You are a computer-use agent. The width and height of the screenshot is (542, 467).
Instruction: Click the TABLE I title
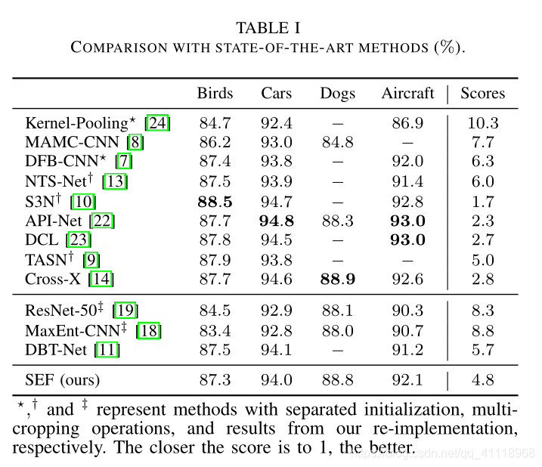[268, 28]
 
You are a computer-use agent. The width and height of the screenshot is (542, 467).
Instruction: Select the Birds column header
[215, 94]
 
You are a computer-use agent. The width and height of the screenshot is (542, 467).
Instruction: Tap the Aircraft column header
[407, 94]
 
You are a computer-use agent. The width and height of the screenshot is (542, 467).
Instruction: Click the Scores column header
[482, 94]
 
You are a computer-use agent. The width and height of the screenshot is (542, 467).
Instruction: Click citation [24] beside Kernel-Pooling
[158, 122]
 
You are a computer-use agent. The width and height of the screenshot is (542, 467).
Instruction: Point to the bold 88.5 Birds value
[215, 201]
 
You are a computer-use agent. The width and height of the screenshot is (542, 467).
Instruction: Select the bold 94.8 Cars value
[277, 221]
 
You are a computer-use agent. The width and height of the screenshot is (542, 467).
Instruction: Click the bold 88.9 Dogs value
[337, 280]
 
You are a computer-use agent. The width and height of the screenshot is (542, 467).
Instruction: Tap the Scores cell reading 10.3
[482, 122]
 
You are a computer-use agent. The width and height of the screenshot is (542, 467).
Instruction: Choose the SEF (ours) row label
[63, 379]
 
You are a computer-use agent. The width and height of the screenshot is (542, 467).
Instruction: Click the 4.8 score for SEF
[482, 379]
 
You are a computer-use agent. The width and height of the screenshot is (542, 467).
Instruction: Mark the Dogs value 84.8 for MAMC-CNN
[337, 142]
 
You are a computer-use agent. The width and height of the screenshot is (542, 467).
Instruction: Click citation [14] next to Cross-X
[100, 280]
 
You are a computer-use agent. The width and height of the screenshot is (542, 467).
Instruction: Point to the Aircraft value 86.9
[407, 122]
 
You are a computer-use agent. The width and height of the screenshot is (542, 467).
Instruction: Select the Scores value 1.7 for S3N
[482, 201]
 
